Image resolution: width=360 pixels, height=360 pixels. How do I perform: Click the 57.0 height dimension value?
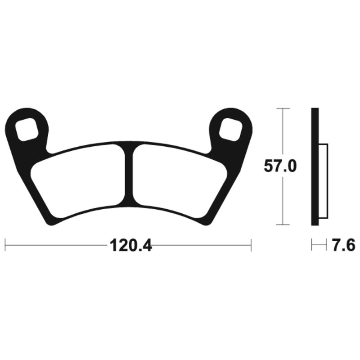click(x=280, y=167)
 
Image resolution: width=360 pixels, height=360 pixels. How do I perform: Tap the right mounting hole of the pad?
click(x=230, y=129)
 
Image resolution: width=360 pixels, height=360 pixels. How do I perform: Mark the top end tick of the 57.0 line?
click(x=282, y=108)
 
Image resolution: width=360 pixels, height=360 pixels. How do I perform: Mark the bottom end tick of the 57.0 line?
click(x=282, y=224)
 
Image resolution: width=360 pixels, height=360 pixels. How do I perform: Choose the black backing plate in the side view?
click(x=315, y=166)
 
